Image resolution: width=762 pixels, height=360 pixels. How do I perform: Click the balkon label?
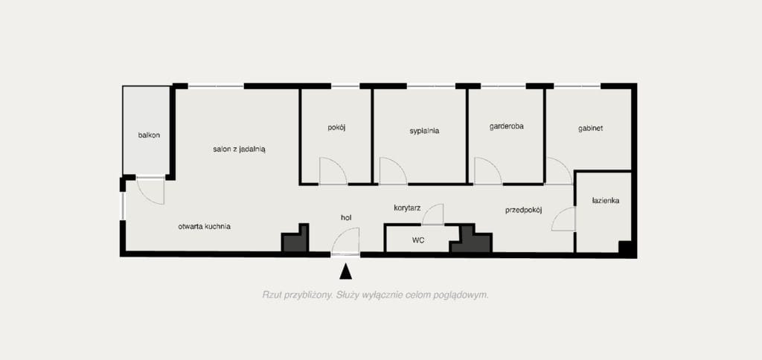[149, 135]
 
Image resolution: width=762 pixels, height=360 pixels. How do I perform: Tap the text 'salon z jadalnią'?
[239, 150]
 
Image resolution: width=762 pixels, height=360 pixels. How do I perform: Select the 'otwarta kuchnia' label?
[204, 226]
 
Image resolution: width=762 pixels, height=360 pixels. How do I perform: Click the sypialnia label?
[424, 131]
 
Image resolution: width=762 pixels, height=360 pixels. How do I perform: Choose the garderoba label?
[506, 126]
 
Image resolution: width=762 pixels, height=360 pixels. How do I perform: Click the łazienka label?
[606, 200]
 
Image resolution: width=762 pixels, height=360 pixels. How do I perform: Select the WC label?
[418, 240]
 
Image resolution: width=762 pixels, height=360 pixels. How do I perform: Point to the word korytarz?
[407, 208]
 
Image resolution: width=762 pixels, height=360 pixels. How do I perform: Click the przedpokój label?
[523, 210]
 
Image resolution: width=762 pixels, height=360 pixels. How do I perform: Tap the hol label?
[346, 218]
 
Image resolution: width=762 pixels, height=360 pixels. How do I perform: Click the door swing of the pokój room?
[333, 171]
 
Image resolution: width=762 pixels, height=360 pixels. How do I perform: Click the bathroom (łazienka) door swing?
[564, 219]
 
